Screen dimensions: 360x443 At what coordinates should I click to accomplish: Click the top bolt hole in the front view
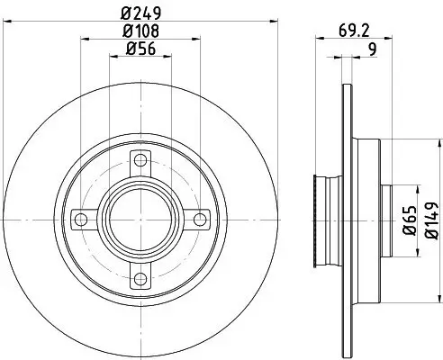pos(139,164)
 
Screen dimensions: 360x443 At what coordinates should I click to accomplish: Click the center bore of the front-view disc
pos(139,219)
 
